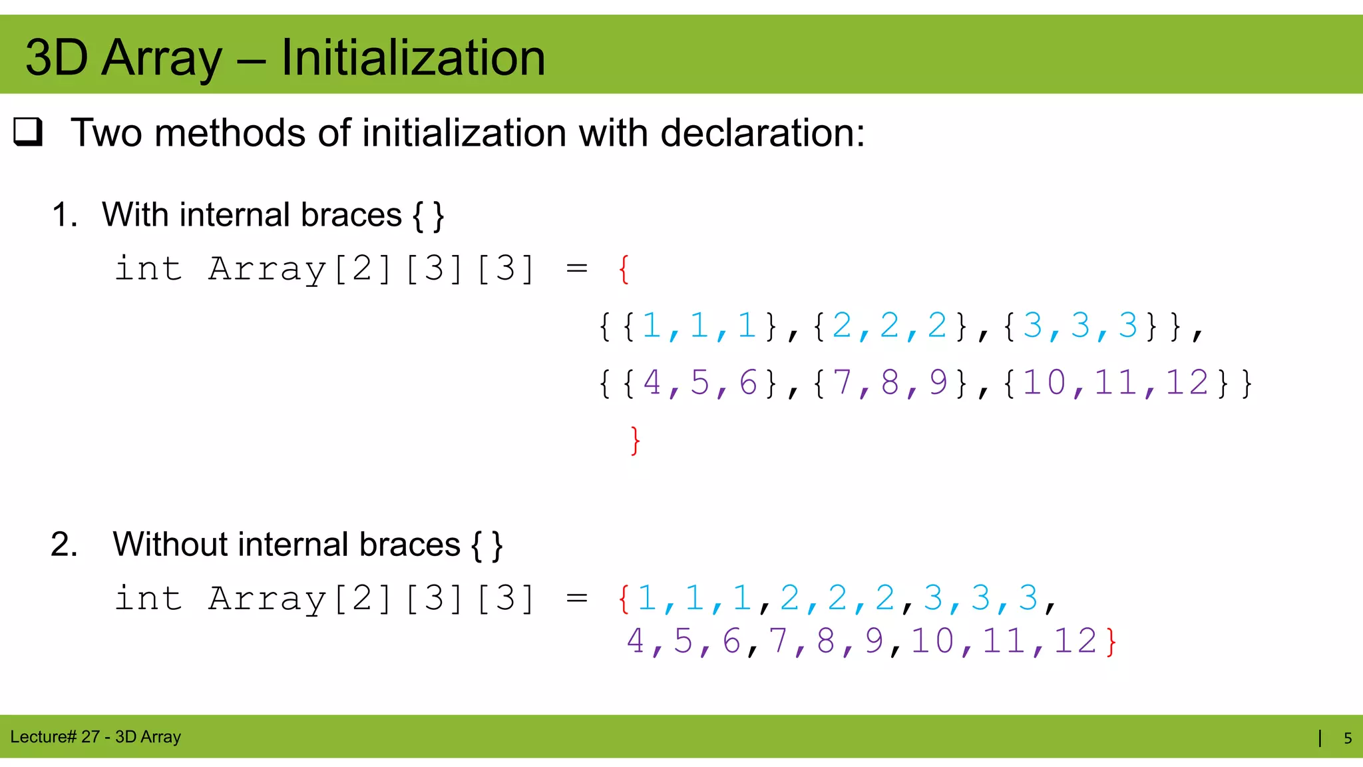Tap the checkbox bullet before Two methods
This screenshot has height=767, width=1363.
click(28, 132)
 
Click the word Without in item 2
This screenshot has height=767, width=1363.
click(170, 545)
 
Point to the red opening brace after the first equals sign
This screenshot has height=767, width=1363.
click(624, 269)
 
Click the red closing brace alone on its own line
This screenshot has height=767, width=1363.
click(635, 440)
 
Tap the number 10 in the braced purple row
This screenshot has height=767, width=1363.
click(1044, 383)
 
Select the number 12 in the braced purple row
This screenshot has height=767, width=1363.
click(1187, 383)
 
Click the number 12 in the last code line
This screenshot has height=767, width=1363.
click(1075, 641)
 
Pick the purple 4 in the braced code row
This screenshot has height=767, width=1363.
click(652, 383)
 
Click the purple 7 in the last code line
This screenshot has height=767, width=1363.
click(778, 641)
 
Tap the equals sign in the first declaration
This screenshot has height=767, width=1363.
click(576, 269)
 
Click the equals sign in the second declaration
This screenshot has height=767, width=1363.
click(576, 599)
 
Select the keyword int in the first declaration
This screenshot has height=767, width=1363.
click(148, 269)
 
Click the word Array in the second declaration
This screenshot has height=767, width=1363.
click(266, 599)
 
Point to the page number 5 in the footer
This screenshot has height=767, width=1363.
click(1348, 738)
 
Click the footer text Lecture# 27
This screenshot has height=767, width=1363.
click(55, 737)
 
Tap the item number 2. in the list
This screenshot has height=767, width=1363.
click(64, 545)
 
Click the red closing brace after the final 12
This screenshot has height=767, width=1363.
click(1111, 642)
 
